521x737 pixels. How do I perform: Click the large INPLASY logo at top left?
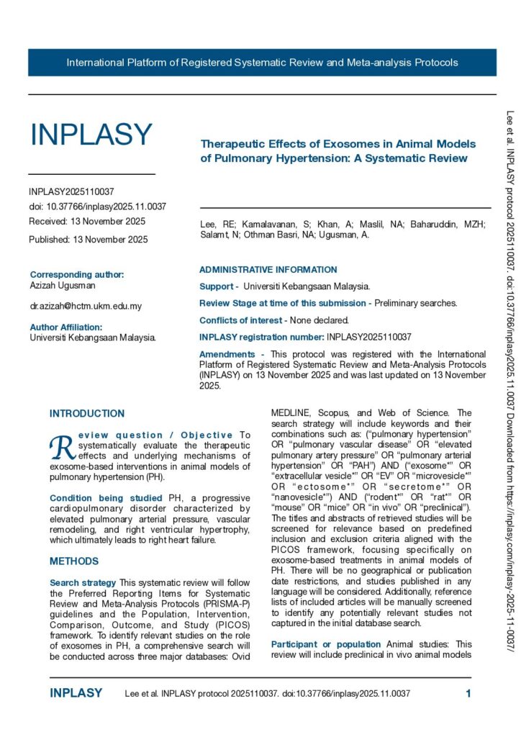(91, 135)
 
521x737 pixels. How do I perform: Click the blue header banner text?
(262, 63)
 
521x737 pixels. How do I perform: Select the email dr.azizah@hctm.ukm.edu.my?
(86, 306)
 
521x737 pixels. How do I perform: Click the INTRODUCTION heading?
(87, 414)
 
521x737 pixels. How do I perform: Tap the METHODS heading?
(74, 561)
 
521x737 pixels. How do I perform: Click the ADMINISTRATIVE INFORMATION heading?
(268, 270)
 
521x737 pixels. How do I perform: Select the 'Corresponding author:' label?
(77, 274)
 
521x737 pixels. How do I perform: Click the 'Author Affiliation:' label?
(71, 327)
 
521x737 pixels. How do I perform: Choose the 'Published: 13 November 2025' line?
(89, 240)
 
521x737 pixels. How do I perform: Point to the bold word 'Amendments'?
(227, 354)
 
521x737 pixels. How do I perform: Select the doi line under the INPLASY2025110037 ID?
(98, 207)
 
